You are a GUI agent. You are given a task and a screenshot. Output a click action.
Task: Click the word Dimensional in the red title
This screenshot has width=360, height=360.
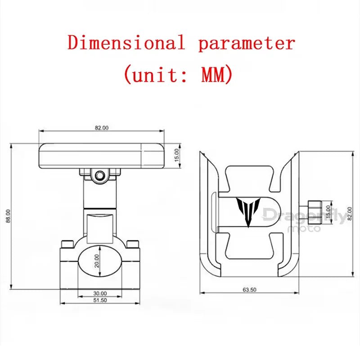126,42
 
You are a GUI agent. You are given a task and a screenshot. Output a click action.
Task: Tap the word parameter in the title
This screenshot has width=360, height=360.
247,44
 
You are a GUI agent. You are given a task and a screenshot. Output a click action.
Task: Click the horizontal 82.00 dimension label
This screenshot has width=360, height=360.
102,128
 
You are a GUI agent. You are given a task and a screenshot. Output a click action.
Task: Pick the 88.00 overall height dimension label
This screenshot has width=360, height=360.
8,216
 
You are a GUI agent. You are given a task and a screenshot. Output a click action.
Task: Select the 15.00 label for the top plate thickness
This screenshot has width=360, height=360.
176,155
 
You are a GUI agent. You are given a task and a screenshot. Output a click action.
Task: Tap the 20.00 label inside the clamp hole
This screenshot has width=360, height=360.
97,261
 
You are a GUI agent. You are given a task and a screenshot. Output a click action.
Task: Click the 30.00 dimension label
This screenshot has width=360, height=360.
100,293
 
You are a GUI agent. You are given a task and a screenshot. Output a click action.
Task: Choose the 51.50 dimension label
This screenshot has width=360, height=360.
100,300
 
